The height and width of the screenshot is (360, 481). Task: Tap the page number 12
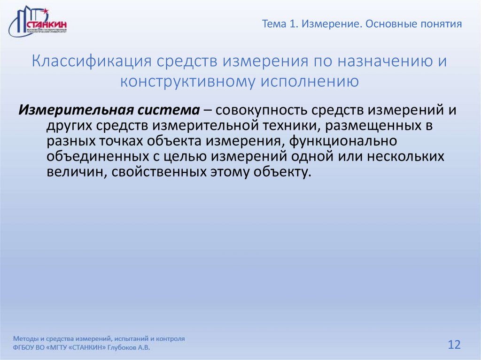click(454, 345)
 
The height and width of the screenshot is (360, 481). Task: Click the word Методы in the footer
click(27, 338)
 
